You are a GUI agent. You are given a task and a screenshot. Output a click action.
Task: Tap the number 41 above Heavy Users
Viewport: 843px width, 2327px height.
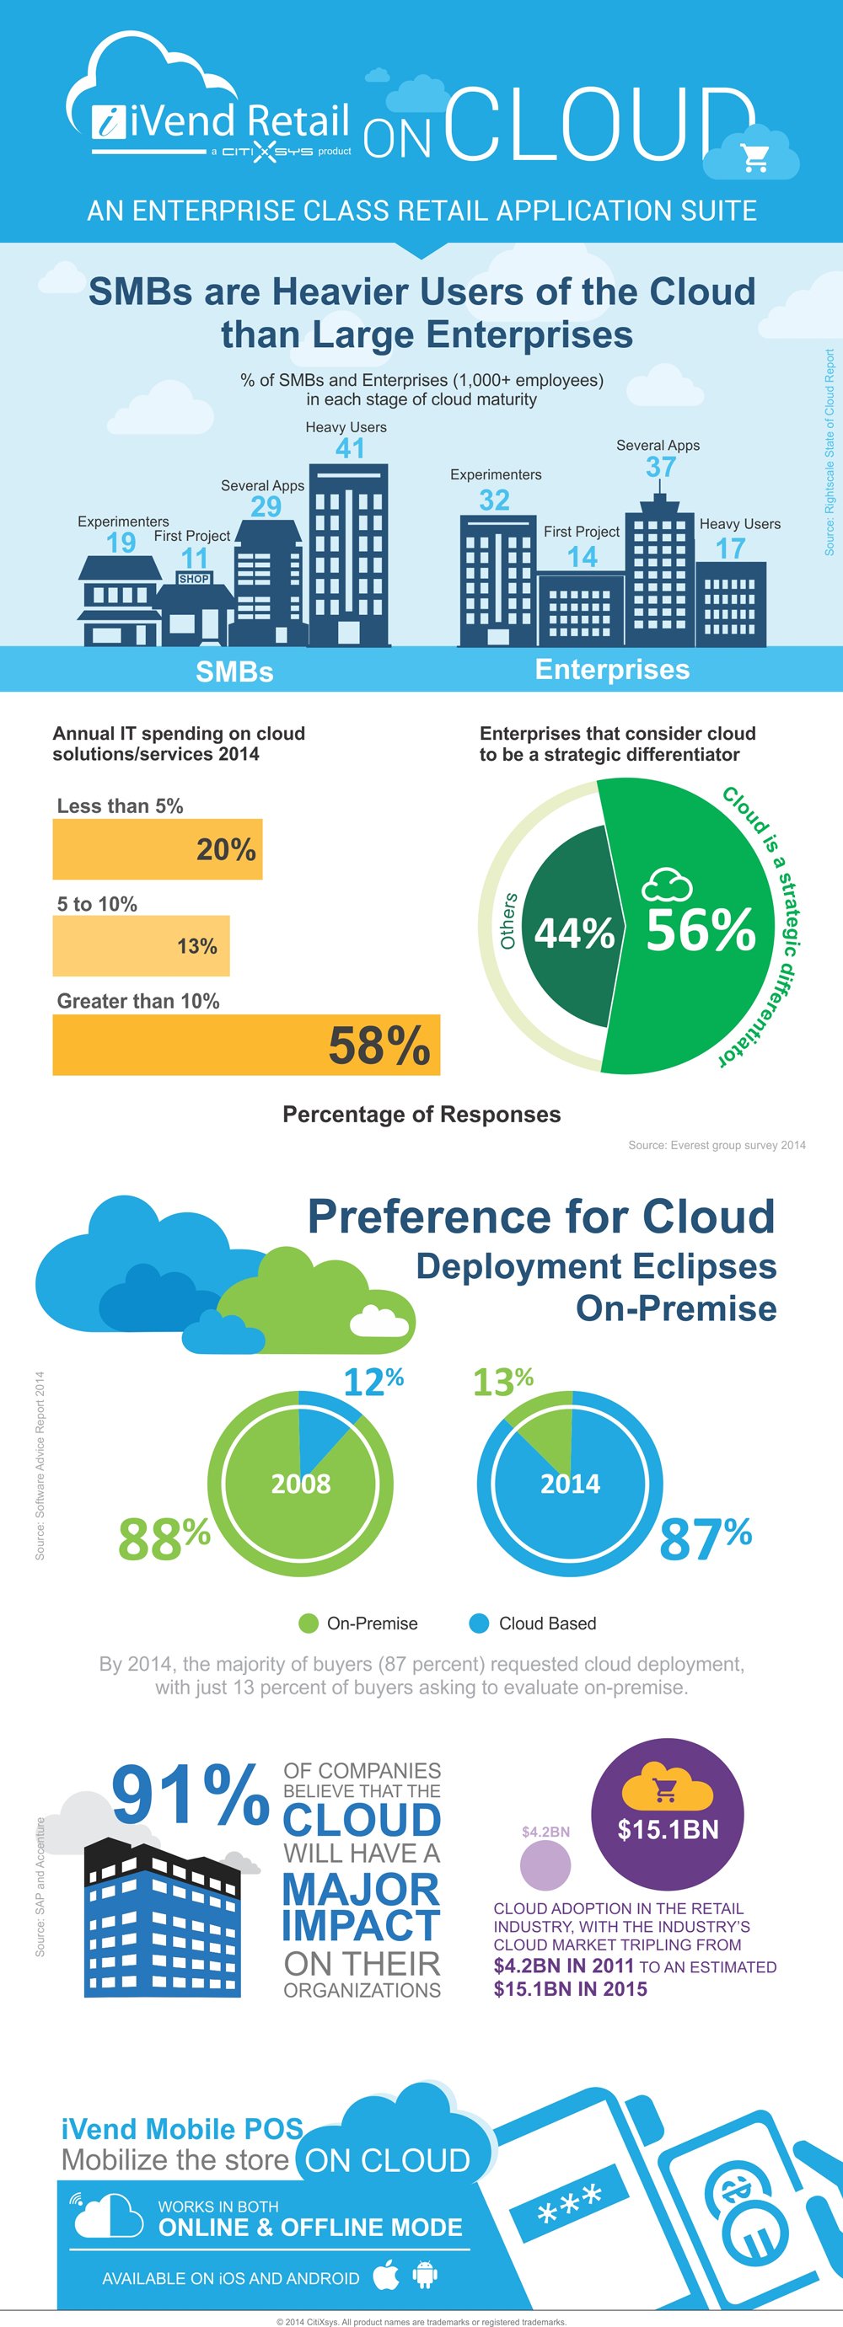pyautogui.click(x=350, y=448)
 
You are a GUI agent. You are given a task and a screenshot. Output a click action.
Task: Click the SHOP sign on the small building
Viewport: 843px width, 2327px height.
pyautogui.click(x=194, y=579)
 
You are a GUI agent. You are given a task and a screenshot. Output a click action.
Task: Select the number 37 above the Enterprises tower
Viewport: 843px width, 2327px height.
pyautogui.click(x=660, y=467)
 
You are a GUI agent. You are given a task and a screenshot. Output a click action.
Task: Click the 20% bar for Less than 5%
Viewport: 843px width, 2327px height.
pyautogui.click(x=157, y=849)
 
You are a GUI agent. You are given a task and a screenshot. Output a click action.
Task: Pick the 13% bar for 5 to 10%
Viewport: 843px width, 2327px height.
pyautogui.click(x=141, y=946)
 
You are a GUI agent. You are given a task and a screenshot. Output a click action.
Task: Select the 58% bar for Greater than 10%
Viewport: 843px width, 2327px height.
pyautogui.click(x=246, y=1046)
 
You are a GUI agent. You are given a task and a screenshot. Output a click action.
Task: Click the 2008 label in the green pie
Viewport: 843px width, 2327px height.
pyautogui.click(x=301, y=1484)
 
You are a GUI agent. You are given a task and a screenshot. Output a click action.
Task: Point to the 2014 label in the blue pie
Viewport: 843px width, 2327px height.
pyautogui.click(x=570, y=1484)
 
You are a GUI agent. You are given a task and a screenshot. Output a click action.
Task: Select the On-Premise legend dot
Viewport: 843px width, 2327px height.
pyautogui.click(x=308, y=1624)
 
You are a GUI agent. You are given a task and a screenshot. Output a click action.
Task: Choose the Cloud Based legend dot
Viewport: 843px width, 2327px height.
pyautogui.click(x=479, y=1624)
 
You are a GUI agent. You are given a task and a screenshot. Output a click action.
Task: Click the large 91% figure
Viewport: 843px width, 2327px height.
pyautogui.click(x=191, y=1796)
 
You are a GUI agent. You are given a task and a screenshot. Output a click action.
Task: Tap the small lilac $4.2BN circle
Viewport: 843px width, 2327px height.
pyautogui.click(x=545, y=1865)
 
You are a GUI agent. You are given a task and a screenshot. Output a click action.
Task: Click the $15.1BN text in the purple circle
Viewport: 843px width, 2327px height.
pyautogui.click(x=668, y=1829)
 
